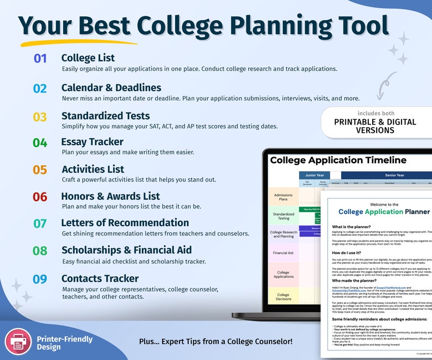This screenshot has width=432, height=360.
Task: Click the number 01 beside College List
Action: pos(40,58)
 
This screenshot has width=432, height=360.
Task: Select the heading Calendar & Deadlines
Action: pos(111,88)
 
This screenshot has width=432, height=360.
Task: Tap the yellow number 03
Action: pos(40,117)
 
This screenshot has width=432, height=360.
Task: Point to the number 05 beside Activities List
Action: pos(40,170)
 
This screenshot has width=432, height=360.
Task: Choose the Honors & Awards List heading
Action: pos(110,196)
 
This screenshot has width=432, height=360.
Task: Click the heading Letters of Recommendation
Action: pos(125,222)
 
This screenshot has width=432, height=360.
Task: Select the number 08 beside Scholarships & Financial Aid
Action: pos(40,251)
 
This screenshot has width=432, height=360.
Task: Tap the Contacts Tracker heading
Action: pos(100,278)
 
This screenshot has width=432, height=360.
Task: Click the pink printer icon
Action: pos(18,342)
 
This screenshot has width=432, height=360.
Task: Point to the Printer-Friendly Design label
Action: pos(65,343)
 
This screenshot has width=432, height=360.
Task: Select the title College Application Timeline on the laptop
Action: pos(338,160)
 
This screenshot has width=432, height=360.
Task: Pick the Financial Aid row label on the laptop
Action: pos(283,253)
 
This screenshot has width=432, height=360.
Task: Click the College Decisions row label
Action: pos(283,297)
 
